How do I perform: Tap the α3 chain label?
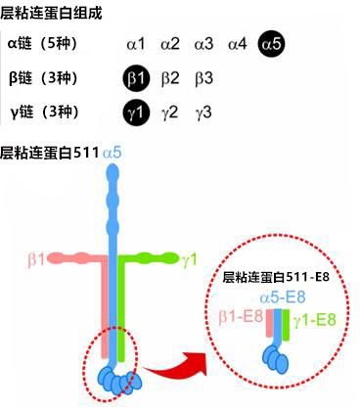203,44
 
